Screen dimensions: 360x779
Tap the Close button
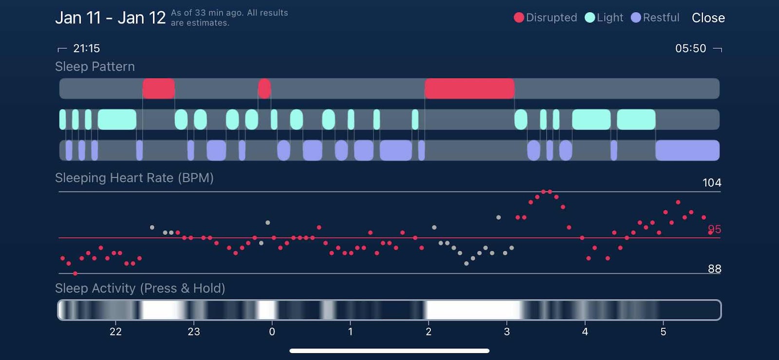[x=708, y=18]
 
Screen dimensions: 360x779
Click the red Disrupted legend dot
[x=519, y=18]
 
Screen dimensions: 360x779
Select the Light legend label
[x=610, y=18]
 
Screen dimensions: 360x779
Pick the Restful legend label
[x=661, y=18]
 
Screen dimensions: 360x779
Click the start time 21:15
[x=86, y=48]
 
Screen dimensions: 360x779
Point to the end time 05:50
[x=690, y=48]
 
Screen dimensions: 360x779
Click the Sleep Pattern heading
[x=95, y=67]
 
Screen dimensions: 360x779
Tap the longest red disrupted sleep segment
[x=469, y=89]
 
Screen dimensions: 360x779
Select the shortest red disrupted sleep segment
[x=264, y=89]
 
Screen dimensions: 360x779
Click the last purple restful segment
[x=687, y=150]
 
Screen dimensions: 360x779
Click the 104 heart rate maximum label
[x=711, y=183]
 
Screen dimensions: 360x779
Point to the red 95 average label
[x=714, y=229]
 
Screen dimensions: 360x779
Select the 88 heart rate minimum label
[x=714, y=269]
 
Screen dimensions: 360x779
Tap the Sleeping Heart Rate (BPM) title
[x=134, y=178]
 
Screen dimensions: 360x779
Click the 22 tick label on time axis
[x=115, y=332]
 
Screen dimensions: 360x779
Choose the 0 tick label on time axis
[x=272, y=332]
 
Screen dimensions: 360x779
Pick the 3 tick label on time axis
[x=507, y=332]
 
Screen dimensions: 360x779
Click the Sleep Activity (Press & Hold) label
[x=140, y=288]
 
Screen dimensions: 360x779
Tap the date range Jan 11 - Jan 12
[x=111, y=18]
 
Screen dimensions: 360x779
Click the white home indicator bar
[x=389, y=351]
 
